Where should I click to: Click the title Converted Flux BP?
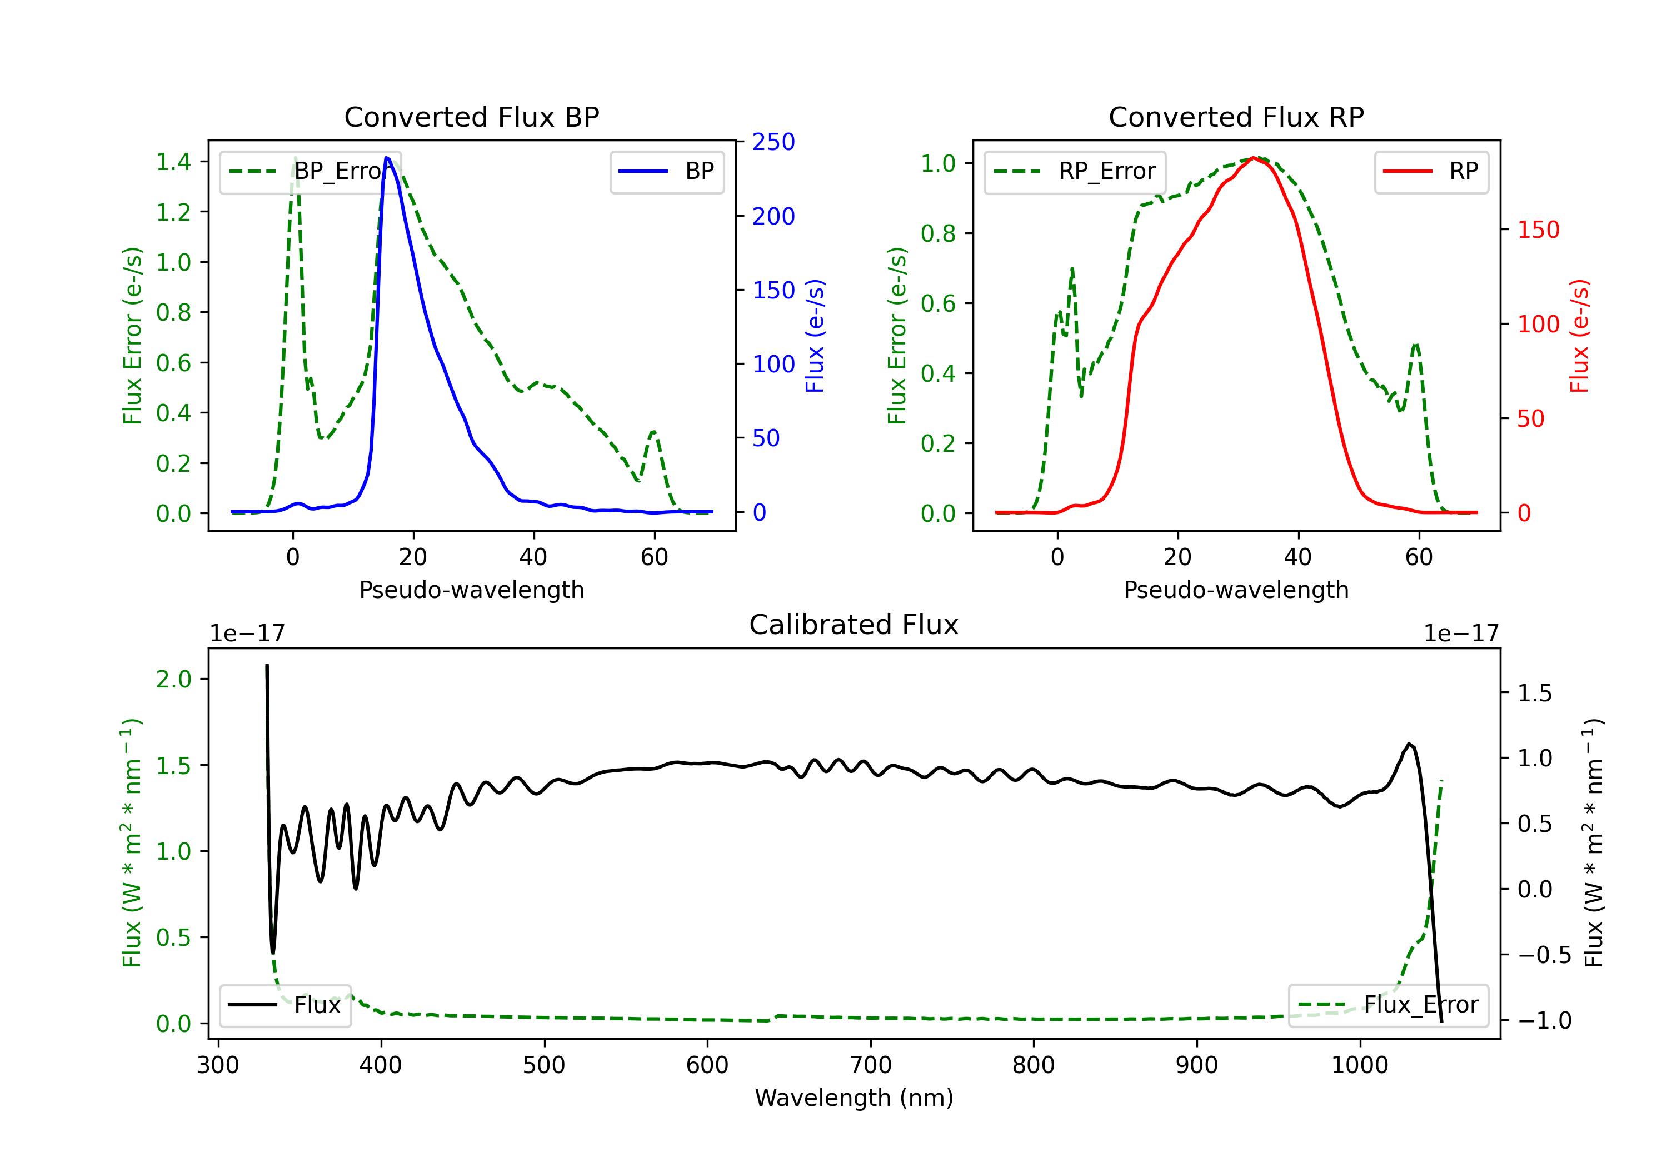point(471,117)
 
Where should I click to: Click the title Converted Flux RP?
point(1236,117)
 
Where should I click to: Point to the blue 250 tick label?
point(773,142)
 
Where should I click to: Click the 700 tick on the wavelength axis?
point(871,1065)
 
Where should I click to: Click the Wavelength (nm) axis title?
point(854,1098)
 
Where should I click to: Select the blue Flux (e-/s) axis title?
point(815,336)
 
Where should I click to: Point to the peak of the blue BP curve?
point(387,158)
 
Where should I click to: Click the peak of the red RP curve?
point(1254,158)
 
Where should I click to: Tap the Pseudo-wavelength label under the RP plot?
point(1236,590)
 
